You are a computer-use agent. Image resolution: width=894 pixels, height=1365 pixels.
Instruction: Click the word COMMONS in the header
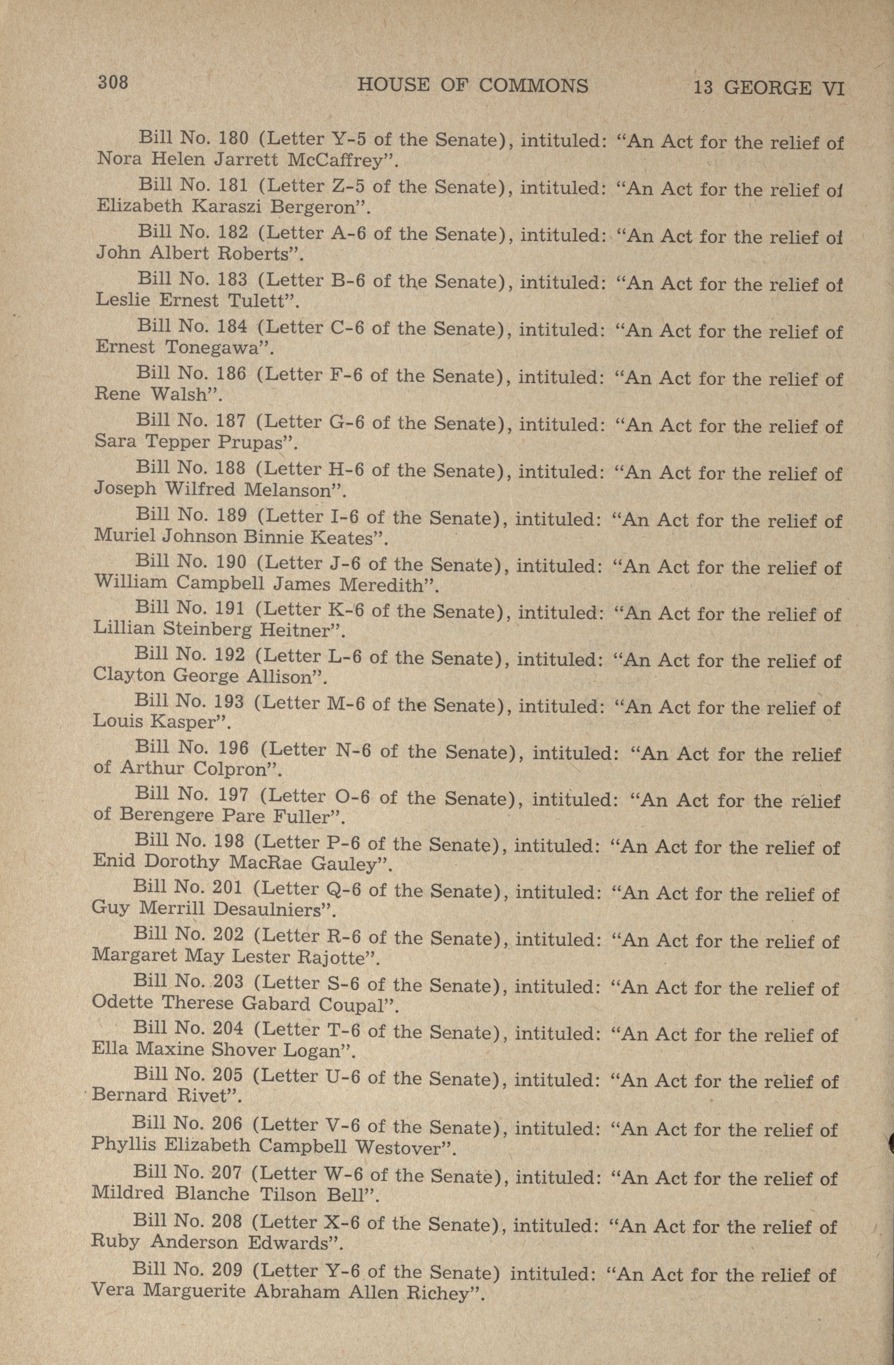tap(533, 86)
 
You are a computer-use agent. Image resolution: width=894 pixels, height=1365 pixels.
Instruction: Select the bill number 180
tap(233, 138)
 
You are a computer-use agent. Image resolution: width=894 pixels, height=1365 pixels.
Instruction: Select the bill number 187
tap(232, 422)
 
